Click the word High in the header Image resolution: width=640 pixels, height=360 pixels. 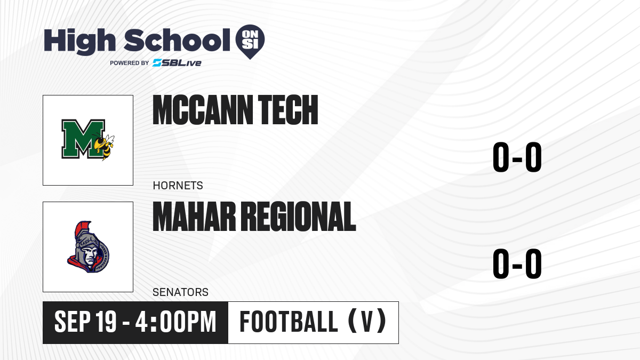(x=80, y=42)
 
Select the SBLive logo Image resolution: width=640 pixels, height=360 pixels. (x=177, y=63)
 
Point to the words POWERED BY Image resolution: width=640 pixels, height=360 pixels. (x=130, y=63)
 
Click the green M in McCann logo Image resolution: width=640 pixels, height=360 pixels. (x=83, y=139)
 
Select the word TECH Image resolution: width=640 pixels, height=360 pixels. (x=288, y=110)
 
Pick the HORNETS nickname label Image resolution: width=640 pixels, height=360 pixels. (x=178, y=186)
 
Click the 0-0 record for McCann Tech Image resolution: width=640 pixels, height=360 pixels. (x=517, y=157)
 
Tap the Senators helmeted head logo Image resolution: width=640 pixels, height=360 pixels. (x=89, y=247)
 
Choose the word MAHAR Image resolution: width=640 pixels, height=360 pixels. (x=194, y=217)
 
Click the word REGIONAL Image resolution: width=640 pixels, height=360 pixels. (x=299, y=217)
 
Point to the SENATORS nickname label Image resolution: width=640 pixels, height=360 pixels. (x=181, y=292)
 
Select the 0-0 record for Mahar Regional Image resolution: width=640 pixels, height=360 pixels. (x=517, y=263)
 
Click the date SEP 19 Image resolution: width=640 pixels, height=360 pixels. (x=85, y=322)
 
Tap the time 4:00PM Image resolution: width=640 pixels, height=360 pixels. (x=175, y=322)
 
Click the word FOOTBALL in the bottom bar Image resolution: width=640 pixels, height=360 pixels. (x=289, y=322)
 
